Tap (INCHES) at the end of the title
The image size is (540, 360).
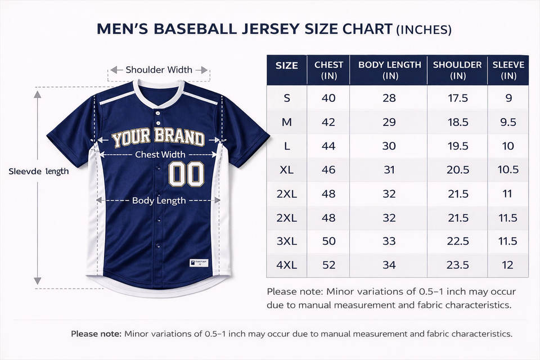click(x=424, y=30)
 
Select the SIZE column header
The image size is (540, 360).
click(x=287, y=65)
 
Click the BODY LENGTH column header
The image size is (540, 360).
click(x=390, y=70)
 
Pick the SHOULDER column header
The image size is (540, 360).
click(x=457, y=70)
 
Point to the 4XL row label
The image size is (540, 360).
click(x=287, y=265)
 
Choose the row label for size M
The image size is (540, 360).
click(x=287, y=122)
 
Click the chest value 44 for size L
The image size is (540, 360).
click(x=328, y=146)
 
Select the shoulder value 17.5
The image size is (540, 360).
click(x=457, y=98)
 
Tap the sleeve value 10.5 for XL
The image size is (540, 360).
click(x=508, y=170)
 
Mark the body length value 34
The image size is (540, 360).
click(x=389, y=265)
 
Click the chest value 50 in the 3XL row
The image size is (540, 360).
click(x=328, y=241)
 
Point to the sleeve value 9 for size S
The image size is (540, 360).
click(x=508, y=98)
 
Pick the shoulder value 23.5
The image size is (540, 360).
click(x=457, y=265)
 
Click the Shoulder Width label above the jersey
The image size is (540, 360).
click(x=159, y=70)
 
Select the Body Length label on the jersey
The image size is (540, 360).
click(x=159, y=201)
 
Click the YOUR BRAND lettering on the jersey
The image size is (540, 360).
click(x=158, y=138)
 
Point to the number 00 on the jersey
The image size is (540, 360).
click(x=187, y=174)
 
